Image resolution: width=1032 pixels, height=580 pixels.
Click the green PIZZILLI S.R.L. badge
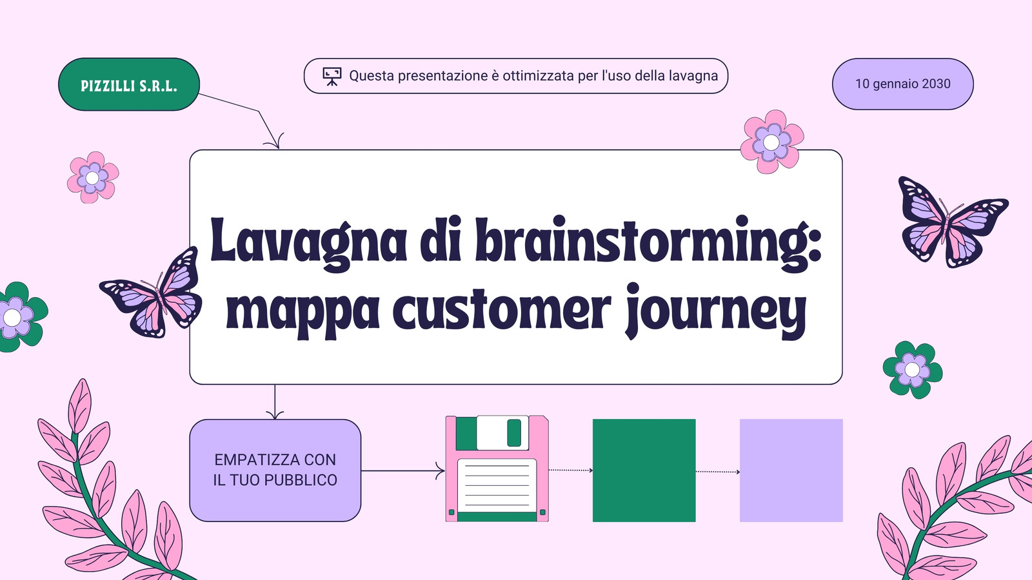(129, 84)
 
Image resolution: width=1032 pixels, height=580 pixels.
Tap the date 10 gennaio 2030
(903, 84)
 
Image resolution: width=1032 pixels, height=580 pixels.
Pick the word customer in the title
(502, 309)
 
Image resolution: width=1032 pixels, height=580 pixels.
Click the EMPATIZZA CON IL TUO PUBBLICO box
(275, 470)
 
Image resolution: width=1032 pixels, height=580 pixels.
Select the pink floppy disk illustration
(497, 469)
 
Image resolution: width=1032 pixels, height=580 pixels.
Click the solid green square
(644, 470)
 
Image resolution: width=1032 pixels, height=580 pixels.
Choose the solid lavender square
(791, 470)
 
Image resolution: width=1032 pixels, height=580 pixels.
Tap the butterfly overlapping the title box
(152, 293)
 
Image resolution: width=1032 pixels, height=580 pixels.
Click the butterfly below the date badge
(953, 222)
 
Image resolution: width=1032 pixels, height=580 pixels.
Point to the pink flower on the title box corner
(771, 142)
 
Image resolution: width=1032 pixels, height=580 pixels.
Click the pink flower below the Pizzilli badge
(93, 178)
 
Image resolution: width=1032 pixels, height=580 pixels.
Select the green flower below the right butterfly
(912, 370)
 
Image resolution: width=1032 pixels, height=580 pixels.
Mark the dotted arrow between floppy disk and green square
(571, 470)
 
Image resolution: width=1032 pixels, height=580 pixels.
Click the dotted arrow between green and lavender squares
(718, 472)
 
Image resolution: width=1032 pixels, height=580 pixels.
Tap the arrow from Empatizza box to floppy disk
(403, 471)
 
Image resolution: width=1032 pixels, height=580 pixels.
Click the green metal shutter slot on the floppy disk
(514, 432)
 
